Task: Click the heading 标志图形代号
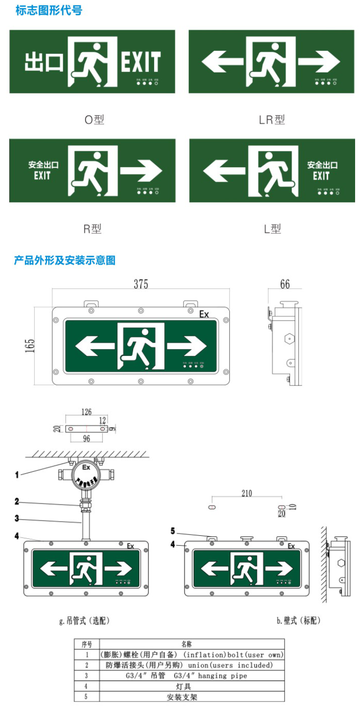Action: click(x=49, y=10)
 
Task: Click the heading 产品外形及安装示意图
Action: click(x=65, y=260)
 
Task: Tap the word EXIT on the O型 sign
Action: click(x=141, y=62)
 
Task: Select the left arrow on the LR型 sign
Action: click(x=223, y=62)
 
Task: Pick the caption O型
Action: click(x=94, y=119)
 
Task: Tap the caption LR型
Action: click(x=272, y=119)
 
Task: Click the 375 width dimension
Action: click(x=141, y=284)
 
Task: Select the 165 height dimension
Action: click(x=30, y=346)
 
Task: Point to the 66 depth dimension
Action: click(x=285, y=284)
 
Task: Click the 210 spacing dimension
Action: click(x=247, y=493)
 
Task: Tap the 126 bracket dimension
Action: click(x=86, y=412)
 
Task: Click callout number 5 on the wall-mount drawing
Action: click(x=173, y=531)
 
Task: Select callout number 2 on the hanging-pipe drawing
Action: click(x=17, y=501)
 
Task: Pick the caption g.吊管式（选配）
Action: click(x=85, y=620)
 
